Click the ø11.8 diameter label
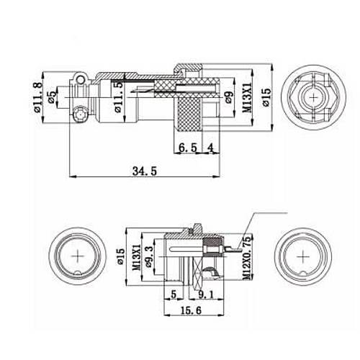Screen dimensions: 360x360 click(x=37, y=102)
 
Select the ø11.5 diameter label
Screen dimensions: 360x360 click(x=118, y=99)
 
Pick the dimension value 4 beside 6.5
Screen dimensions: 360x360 click(x=210, y=148)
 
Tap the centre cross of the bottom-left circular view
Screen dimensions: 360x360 click(x=78, y=257)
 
